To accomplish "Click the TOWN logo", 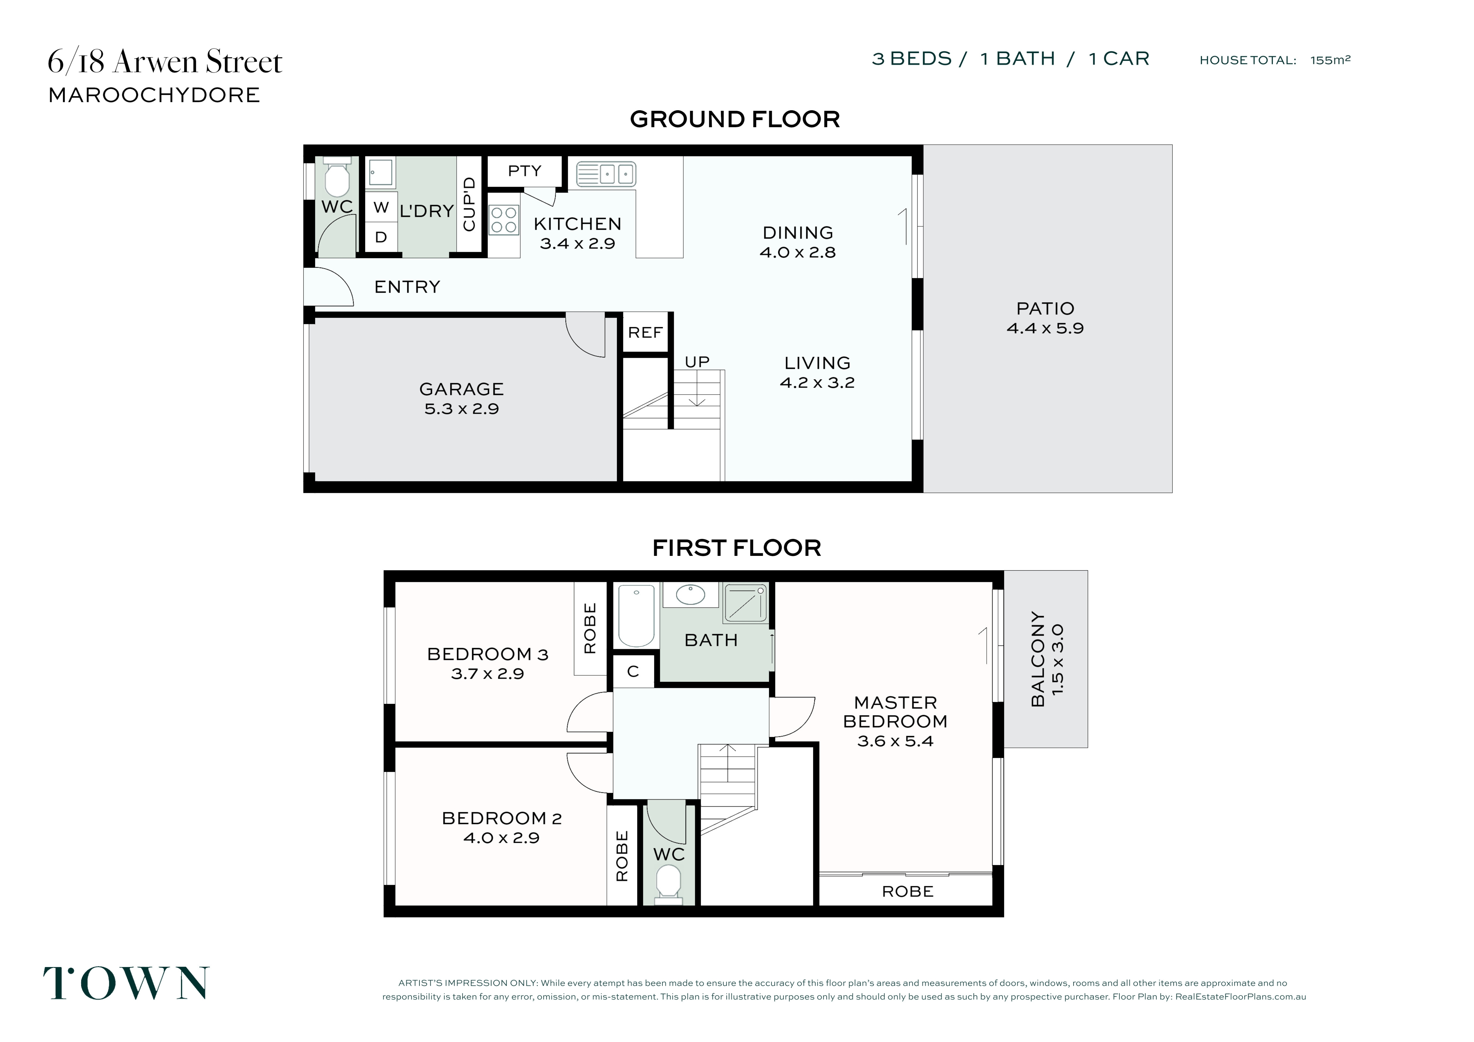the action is click(x=126, y=983).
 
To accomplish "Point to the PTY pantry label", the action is click(x=524, y=171).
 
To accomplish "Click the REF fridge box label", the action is click(x=645, y=333).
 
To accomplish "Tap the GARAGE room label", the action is click(x=462, y=389).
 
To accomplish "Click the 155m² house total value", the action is click(x=1330, y=60).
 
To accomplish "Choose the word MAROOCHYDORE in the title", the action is click(x=154, y=95).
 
